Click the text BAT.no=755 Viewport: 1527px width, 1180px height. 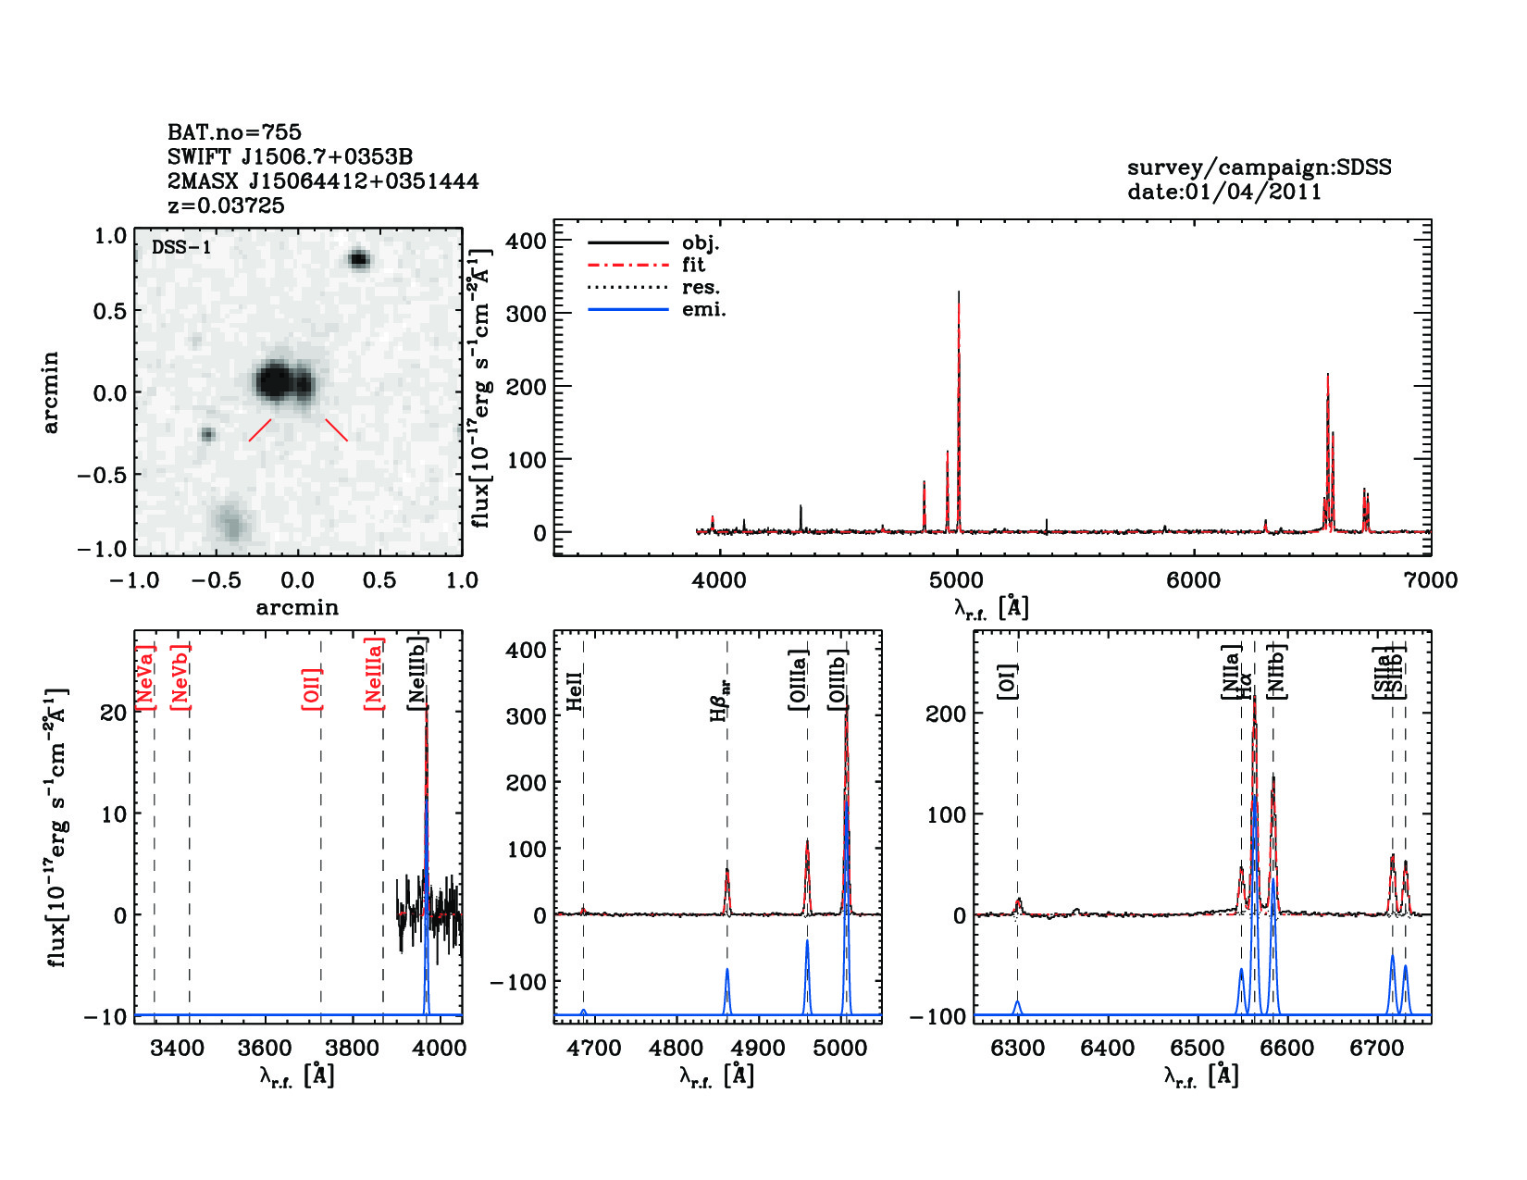click(x=234, y=132)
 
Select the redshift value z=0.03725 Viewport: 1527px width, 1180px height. click(x=226, y=205)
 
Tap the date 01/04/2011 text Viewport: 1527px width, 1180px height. click(x=1224, y=192)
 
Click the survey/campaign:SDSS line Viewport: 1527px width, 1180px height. click(x=1259, y=168)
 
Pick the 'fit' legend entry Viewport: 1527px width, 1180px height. click(x=693, y=266)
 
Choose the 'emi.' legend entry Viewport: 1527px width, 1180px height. click(x=703, y=310)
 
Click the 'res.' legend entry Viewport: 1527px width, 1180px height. click(x=701, y=288)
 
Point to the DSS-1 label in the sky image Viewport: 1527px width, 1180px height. click(x=181, y=247)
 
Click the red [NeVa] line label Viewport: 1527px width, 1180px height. click(x=145, y=677)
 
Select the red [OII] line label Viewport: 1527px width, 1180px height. click(x=312, y=688)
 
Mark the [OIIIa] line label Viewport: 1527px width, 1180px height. click(x=799, y=679)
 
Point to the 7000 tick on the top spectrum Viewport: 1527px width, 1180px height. click(x=1430, y=581)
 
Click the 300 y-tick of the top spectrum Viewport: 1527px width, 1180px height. click(x=527, y=314)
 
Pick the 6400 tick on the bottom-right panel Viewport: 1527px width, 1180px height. click(x=1108, y=1049)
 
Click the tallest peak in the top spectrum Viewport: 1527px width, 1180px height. click(x=959, y=294)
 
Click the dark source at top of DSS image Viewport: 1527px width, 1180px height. click(x=359, y=259)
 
